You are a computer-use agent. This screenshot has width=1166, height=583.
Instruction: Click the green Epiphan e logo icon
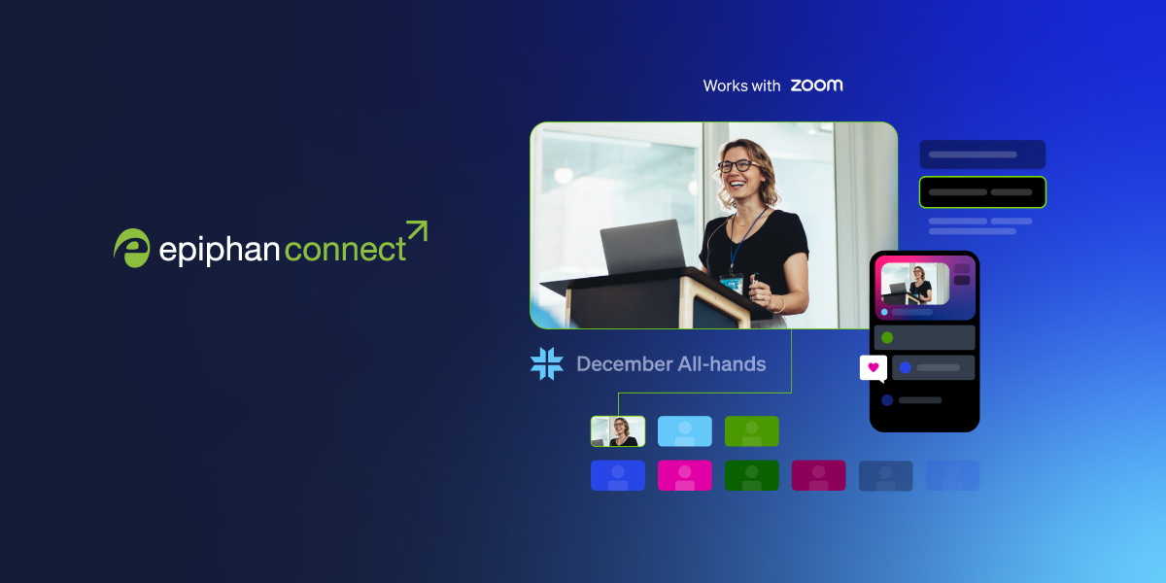click(x=131, y=248)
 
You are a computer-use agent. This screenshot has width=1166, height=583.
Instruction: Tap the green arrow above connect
click(x=416, y=231)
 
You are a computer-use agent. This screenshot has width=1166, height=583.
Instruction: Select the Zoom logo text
click(x=816, y=86)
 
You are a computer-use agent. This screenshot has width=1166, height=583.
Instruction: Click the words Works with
click(x=741, y=86)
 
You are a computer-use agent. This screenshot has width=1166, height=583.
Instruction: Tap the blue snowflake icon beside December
click(x=546, y=363)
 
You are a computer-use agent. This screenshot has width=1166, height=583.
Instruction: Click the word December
click(x=623, y=364)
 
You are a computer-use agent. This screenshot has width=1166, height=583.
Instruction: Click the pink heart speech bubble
click(x=873, y=367)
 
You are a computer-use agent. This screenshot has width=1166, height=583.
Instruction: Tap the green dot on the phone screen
click(x=887, y=337)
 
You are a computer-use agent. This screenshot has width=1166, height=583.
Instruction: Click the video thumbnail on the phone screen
click(x=914, y=284)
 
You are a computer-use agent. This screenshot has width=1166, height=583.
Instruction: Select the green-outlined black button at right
click(x=982, y=192)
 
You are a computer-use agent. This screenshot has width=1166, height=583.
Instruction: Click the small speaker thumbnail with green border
click(x=618, y=431)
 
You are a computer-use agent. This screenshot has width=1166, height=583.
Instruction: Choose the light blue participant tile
click(x=685, y=431)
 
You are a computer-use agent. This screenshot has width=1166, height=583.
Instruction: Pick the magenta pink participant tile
click(x=685, y=475)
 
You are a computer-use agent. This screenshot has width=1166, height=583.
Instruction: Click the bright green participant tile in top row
click(x=751, y=431)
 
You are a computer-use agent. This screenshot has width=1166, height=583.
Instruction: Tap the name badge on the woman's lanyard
click(x=731, y=284)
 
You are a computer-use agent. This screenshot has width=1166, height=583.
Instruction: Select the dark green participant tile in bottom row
click(x=751, y=475)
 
